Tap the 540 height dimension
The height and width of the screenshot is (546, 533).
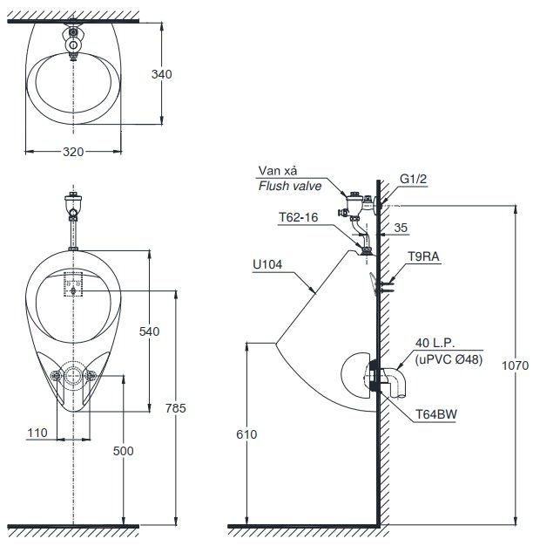[x=150, y=331]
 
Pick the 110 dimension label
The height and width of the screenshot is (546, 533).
[x=36, y=433]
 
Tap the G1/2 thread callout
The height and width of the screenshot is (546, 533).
[x=413, y=179]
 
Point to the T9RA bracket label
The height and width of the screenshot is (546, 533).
[x=423, y=256]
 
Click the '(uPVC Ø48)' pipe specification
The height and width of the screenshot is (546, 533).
[x=446, y=358]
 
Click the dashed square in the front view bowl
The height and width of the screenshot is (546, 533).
[x=71, y=285]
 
